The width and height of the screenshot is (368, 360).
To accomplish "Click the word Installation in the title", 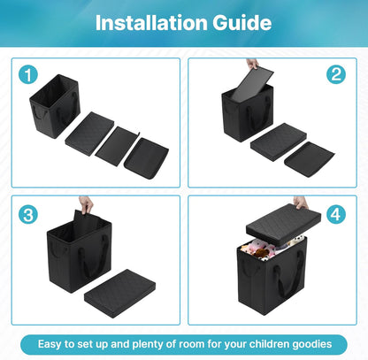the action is pos(151,23).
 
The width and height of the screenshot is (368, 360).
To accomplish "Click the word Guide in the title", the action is pos(242,23).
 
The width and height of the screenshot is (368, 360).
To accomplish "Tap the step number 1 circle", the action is pos(28,75).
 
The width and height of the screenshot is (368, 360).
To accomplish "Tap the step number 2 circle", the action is pos(336,74).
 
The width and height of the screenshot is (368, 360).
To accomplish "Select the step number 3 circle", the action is pos(28,214).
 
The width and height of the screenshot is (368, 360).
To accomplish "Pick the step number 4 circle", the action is pos(336,214).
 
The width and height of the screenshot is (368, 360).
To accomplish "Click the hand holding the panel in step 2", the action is pos(252,64).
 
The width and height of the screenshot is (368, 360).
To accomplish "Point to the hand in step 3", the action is pos(86,204).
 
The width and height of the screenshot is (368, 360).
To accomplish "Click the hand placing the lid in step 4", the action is pos(301,203).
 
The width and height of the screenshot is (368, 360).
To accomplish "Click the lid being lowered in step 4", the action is pos(283,225).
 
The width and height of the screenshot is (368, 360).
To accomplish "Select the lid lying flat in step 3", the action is pos(119,294).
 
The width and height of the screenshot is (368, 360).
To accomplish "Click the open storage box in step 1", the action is pos(55,106).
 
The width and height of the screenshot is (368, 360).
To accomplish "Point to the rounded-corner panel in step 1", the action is pos(147,158).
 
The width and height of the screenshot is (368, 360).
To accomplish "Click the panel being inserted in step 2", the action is pos(252,85).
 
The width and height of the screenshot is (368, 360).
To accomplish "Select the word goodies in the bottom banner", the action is pos(312,345).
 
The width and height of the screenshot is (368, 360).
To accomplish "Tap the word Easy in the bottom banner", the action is pos(50,345).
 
